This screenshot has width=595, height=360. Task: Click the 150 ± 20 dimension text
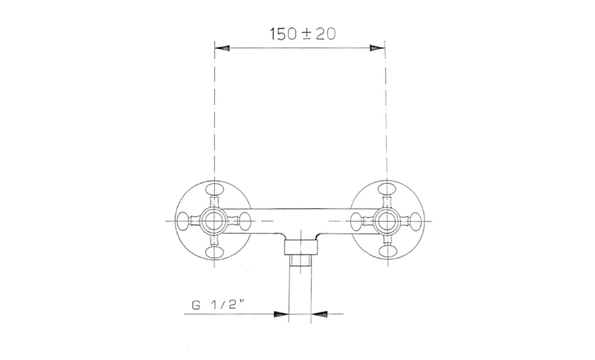(303, 33)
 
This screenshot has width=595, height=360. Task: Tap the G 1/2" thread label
(218, 305)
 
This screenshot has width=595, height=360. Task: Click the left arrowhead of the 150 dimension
(222, 48)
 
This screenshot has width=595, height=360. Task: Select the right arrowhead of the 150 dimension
(377, 48)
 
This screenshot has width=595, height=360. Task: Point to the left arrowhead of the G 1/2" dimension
(281, 314)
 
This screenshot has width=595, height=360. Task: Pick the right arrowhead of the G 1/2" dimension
(318, 314)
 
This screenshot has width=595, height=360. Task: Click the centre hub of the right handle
(387, 220)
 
